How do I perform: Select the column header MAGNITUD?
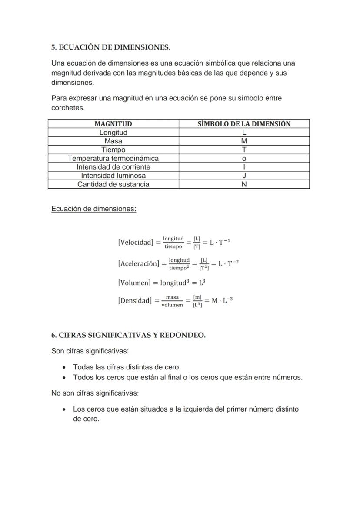pos(113,124)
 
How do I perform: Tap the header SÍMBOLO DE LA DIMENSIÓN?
pos(244,124)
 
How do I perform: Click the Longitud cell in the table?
pos(113,133)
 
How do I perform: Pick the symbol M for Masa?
pos(244,141)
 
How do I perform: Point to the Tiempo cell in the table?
pos(113,150)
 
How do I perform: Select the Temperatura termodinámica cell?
pos(113,159)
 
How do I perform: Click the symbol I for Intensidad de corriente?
pos(244,167)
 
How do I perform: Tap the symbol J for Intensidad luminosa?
pos(244,176)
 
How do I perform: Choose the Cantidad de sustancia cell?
pos(113,184)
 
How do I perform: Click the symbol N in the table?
pos(244,184)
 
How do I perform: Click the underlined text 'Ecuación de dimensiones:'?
pos(93,209)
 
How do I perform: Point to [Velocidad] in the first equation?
pos(136,242)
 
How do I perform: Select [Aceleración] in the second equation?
pos(138,264)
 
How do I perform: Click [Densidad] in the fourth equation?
pos(135,301)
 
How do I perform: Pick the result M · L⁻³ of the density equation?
pos(222,300)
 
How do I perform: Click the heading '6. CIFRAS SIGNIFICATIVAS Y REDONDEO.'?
pos(128,335)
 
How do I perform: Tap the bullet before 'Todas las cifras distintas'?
pos(64,367)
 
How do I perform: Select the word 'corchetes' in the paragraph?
pos(68,108)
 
